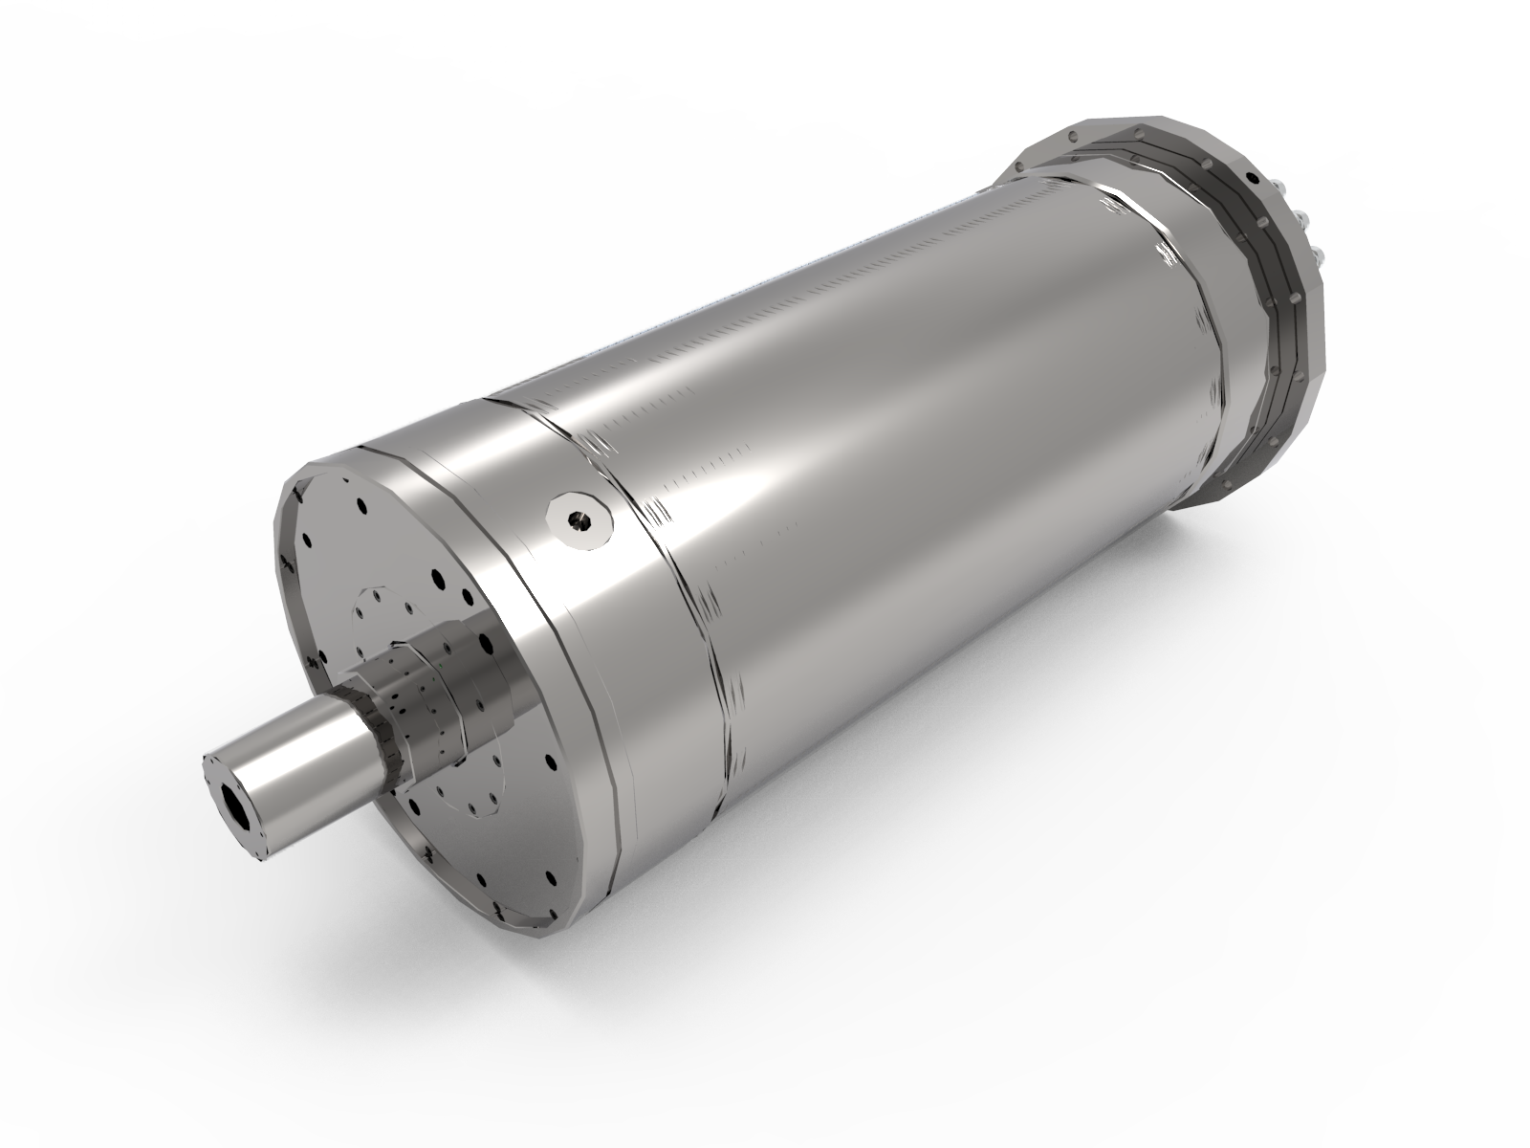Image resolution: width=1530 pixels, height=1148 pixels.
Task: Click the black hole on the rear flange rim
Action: click(1252, 179)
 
